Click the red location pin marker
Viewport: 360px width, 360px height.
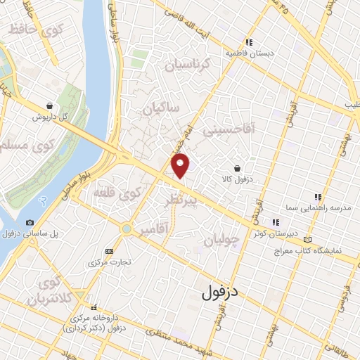pos(181,166)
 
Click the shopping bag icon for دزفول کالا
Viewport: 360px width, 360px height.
pos(239,169)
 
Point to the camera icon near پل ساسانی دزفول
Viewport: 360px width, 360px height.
pos(30,223)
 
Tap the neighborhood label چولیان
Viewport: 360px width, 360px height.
pos(221,240)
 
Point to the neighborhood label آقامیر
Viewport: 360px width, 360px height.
pos(154,230)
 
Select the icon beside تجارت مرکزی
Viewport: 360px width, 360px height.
pos(108,251)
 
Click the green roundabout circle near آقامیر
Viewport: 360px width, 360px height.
pos(127,229)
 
